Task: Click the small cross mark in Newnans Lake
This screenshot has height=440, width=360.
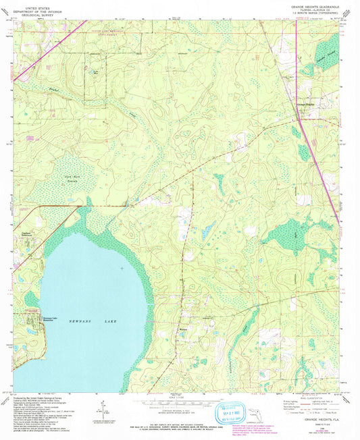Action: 122,268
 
